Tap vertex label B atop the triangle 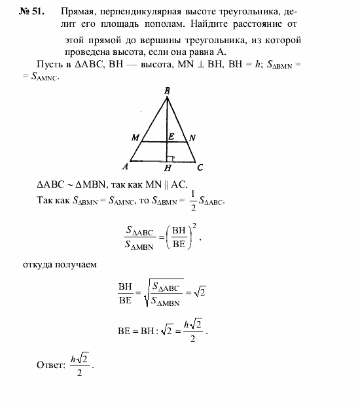pos(168,91)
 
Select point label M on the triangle pos(135,138)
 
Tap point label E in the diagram pos(171,137)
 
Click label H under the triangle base pos(167,168)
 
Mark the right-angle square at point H pos(170,158)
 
